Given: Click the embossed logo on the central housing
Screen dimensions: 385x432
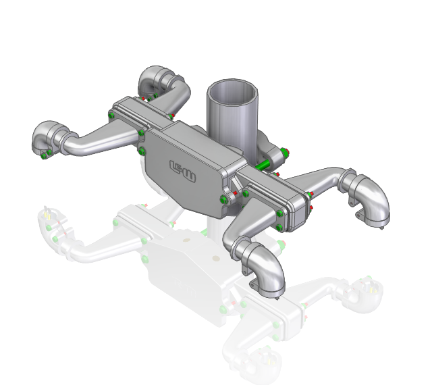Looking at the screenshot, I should [181, 166].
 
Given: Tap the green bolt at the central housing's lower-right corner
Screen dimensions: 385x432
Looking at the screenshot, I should [224, 199].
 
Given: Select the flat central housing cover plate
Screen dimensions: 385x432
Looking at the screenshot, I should [186, 169].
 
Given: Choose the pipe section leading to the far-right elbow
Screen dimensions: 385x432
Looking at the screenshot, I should [324, 179].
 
